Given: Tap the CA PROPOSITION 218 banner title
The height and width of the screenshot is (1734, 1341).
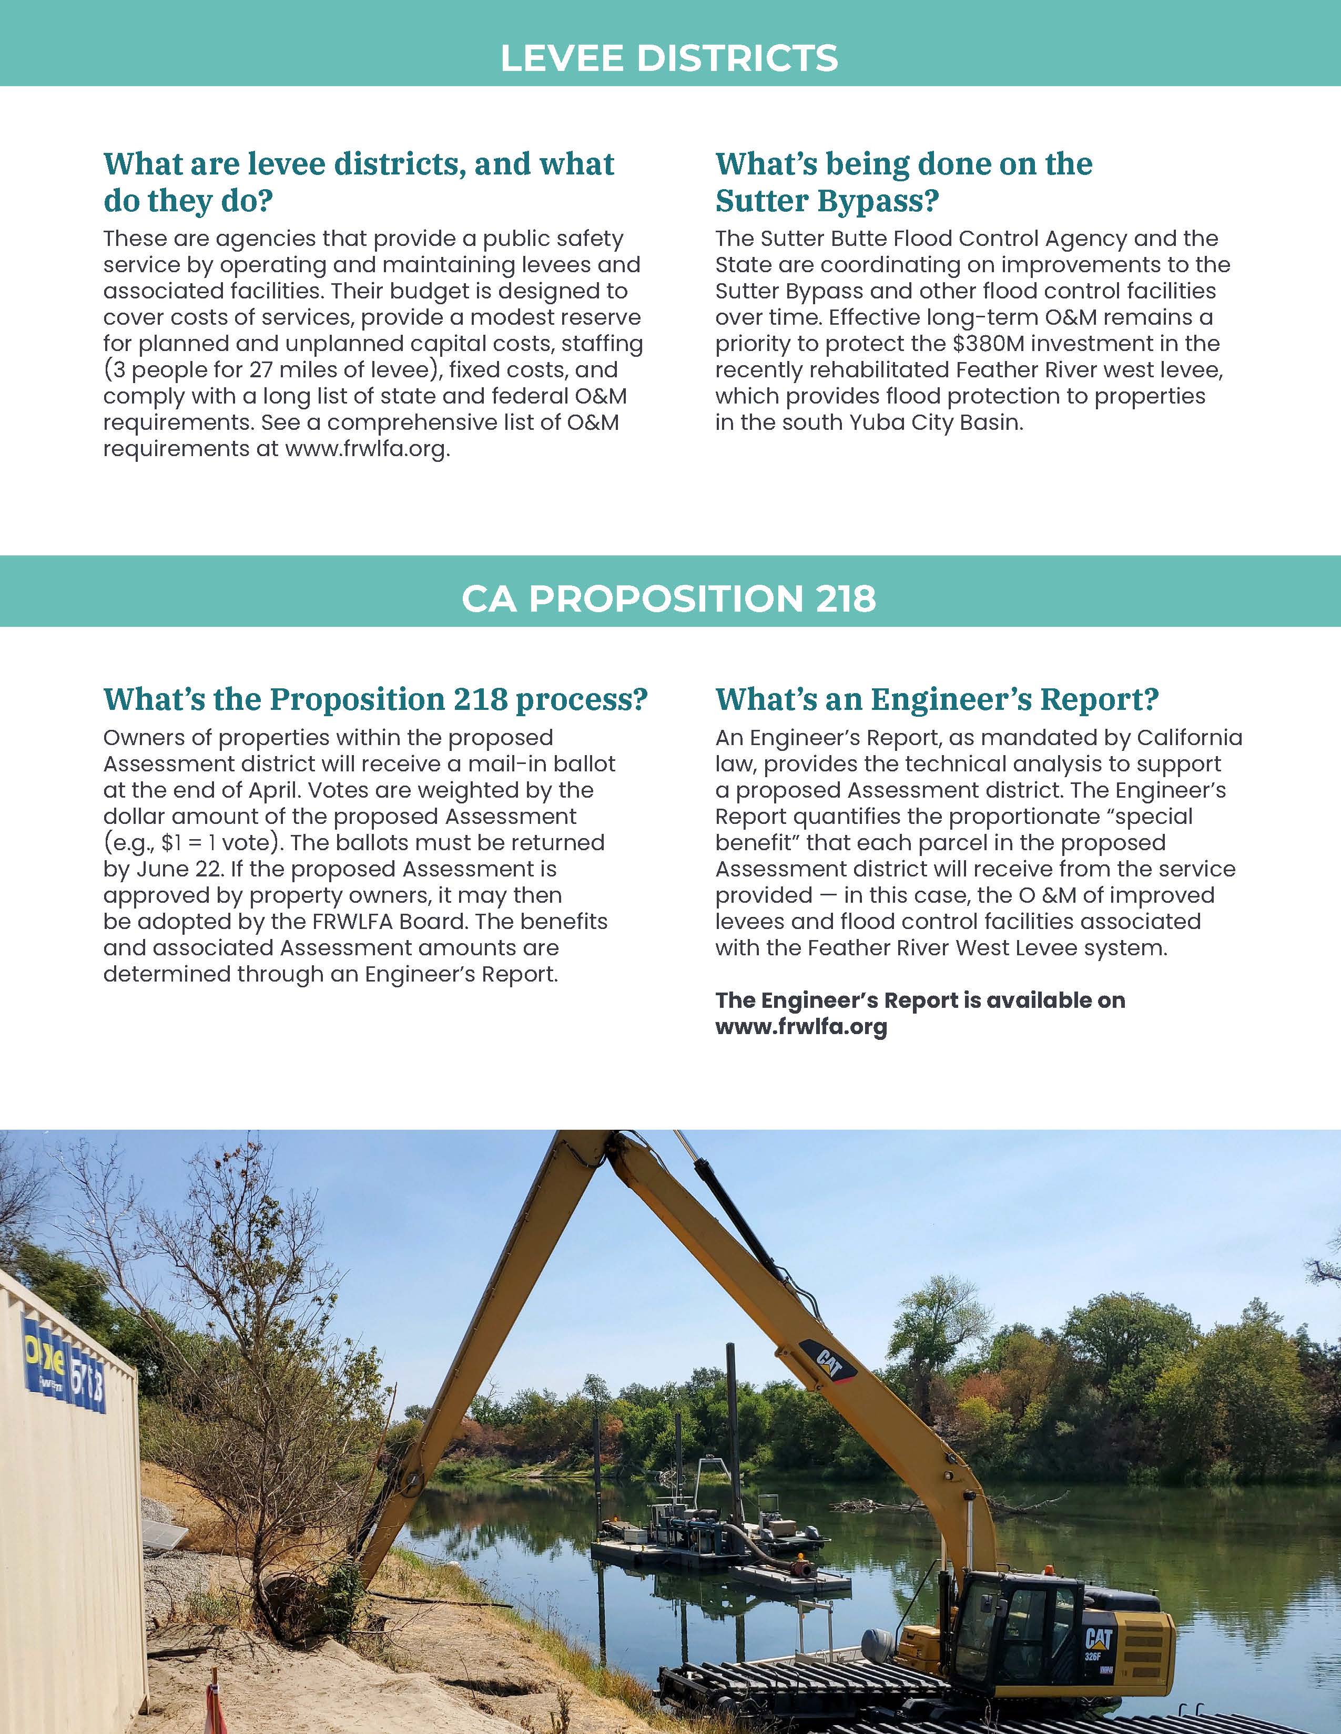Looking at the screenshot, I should click(669, 598).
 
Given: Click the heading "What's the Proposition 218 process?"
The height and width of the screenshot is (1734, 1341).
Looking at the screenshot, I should click(376, 699).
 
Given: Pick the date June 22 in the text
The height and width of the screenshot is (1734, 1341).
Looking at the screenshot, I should click(173, 870).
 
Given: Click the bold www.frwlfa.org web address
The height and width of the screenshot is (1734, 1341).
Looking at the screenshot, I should click(801, 1027).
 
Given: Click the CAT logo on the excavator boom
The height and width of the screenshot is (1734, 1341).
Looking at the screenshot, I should click(828, 1364).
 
